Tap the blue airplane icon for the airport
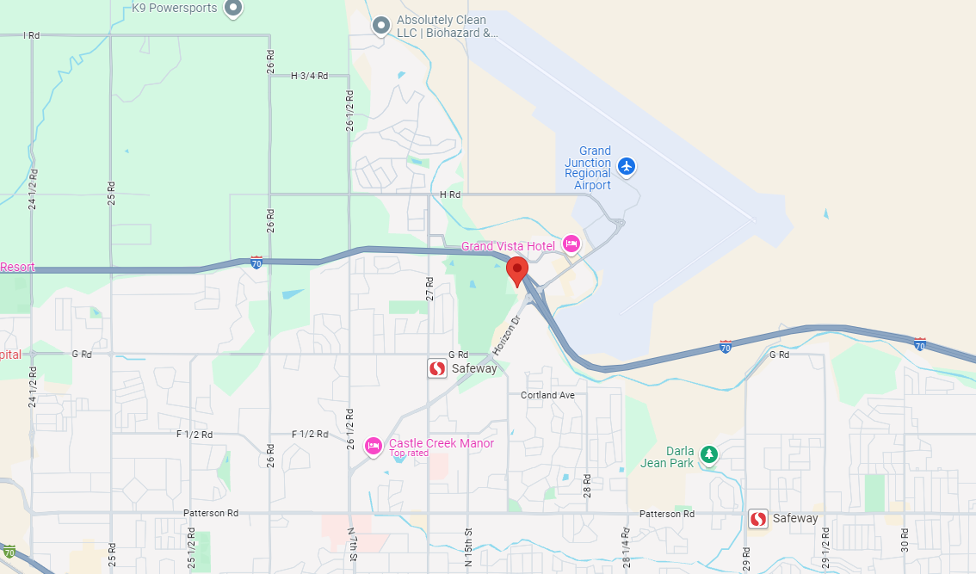[x=627, y=165]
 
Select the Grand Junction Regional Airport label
[x=588, y=169]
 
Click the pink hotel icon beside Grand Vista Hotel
[x=571, y=245]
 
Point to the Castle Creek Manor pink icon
[x=374, y=445]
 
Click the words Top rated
[x=409, y=454]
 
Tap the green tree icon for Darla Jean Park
[x=708, y=454]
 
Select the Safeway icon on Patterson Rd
[x=758, y=519]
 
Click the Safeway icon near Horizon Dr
[x=437, y=368]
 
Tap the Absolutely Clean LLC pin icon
[x=381, y=26]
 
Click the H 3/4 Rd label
[x=310, y=76]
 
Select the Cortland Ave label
[x=547, y=395]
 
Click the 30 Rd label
[x=905, y=541]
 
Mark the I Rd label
[x=32, y=35]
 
